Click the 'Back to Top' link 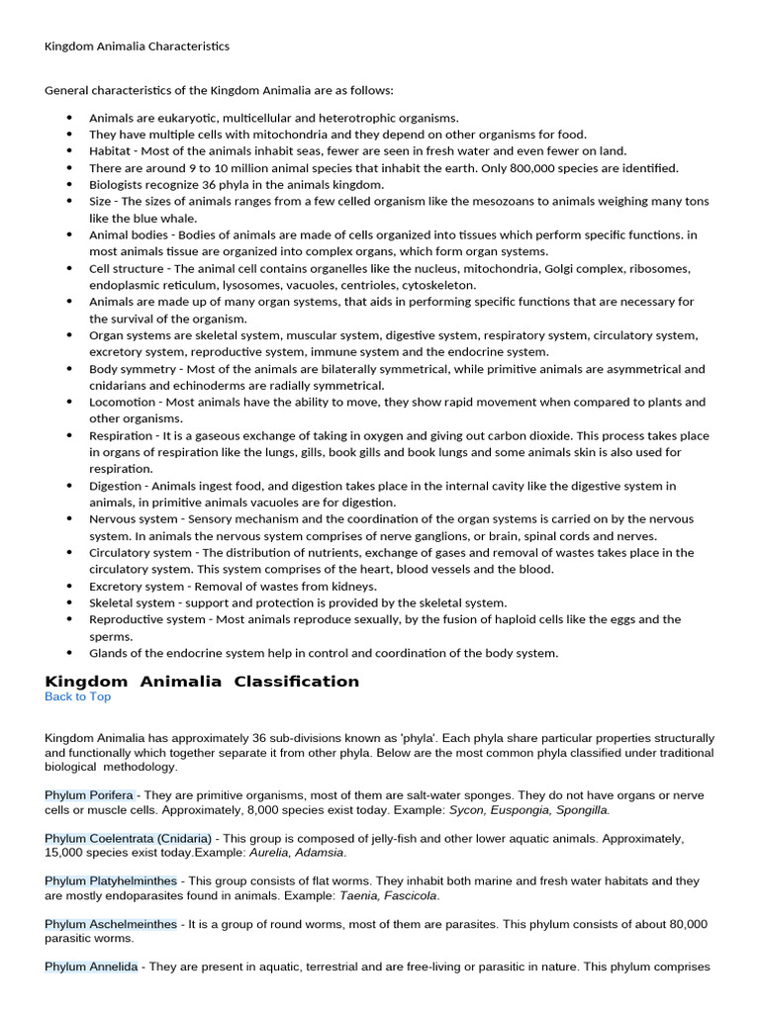click(x=77, y=696)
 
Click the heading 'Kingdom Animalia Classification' click(x=202, y=681)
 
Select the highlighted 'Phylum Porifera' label click(x=90, y=794)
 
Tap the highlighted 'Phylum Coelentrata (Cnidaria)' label click(x=128, y=838)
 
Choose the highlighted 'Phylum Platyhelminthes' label click(x=111, y=880)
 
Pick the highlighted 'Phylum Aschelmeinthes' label click(x=111, y=924)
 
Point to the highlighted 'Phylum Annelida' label click(x=91, y=967)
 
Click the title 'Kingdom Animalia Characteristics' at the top click(x=137, y=46)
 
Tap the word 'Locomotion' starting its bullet click(x=122, y=403)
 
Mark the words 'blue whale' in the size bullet click(x=164, y=219)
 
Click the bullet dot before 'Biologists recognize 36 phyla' click(x=69, y=185)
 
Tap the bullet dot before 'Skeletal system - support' click(x=69, y=602)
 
